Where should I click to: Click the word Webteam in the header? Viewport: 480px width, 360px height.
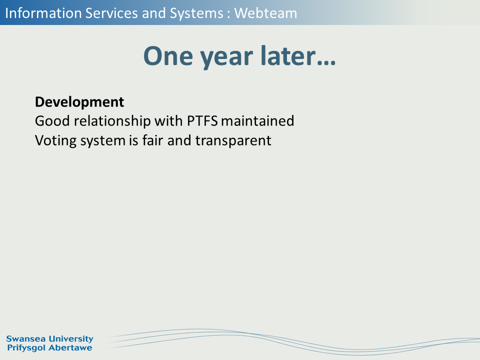[265, 13]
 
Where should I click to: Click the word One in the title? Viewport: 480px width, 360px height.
[168, 56]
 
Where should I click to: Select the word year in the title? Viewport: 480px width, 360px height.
[226, 58]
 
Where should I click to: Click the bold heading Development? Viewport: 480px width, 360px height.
[79, 102]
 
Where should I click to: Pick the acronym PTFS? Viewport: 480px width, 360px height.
[202, 121]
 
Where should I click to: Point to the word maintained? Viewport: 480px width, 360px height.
[257, 121]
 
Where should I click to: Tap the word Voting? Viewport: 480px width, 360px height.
[55, 141]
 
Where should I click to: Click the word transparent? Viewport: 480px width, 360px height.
[233, 141]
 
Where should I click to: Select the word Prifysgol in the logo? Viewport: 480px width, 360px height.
[26, 348]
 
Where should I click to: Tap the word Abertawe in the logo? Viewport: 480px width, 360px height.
[70, 348]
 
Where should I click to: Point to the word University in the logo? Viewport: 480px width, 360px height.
[71, 339]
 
